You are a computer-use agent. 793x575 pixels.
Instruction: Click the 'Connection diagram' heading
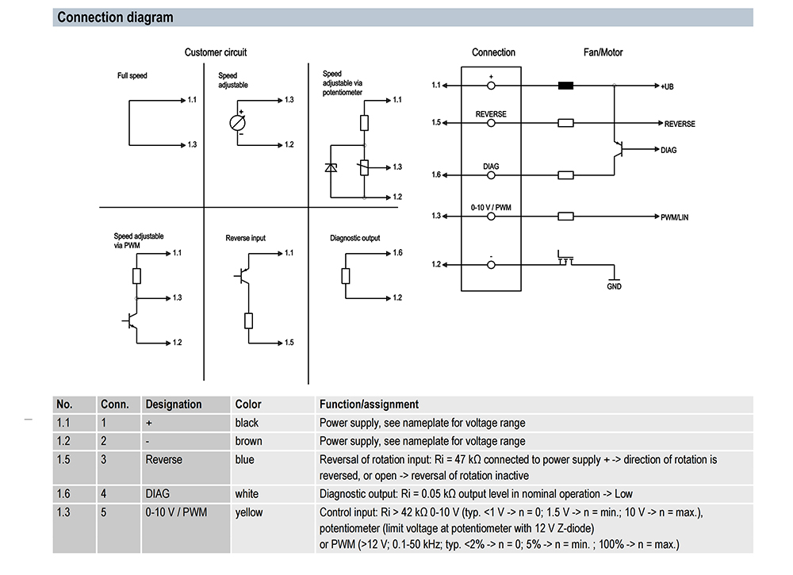coord(115,17)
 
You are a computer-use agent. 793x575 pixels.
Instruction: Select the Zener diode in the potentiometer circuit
coord(331,167)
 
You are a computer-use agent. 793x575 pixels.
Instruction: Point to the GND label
coord(614,286)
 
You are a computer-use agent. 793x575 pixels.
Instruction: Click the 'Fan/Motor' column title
coord(603,52)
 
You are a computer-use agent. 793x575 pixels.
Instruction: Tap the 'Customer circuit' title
coord(216,52)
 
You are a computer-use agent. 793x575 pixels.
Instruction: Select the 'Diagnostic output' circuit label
coord(354,238)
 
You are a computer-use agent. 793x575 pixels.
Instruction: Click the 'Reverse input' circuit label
coord(246,238)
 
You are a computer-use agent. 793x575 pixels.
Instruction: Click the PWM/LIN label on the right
coord(676,217)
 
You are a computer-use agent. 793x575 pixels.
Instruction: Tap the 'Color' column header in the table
coord(248,404)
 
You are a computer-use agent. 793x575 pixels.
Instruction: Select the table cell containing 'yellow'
coord(247,512)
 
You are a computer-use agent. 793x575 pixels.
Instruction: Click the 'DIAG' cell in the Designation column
coord(158,494)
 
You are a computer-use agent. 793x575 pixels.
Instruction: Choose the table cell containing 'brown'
coord(248,441)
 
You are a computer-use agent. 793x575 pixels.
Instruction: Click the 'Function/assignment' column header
coord(369,404)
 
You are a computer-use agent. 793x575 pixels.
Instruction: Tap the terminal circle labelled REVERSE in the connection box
coord(491,123)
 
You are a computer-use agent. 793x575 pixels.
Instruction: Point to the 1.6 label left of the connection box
coord(436,175)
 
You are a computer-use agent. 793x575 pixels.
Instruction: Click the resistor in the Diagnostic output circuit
coord(345,275)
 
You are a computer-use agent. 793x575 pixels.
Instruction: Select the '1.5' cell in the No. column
coord(63,459)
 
